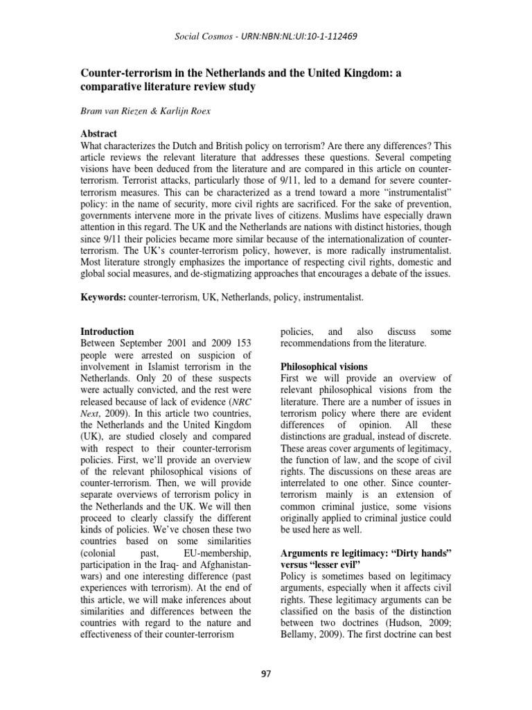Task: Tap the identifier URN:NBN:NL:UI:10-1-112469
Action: (290, 35)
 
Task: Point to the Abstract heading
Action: (99, 134)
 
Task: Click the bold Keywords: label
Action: (103, 296)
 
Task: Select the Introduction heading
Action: (107, 331)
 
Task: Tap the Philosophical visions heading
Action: (323, 365)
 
